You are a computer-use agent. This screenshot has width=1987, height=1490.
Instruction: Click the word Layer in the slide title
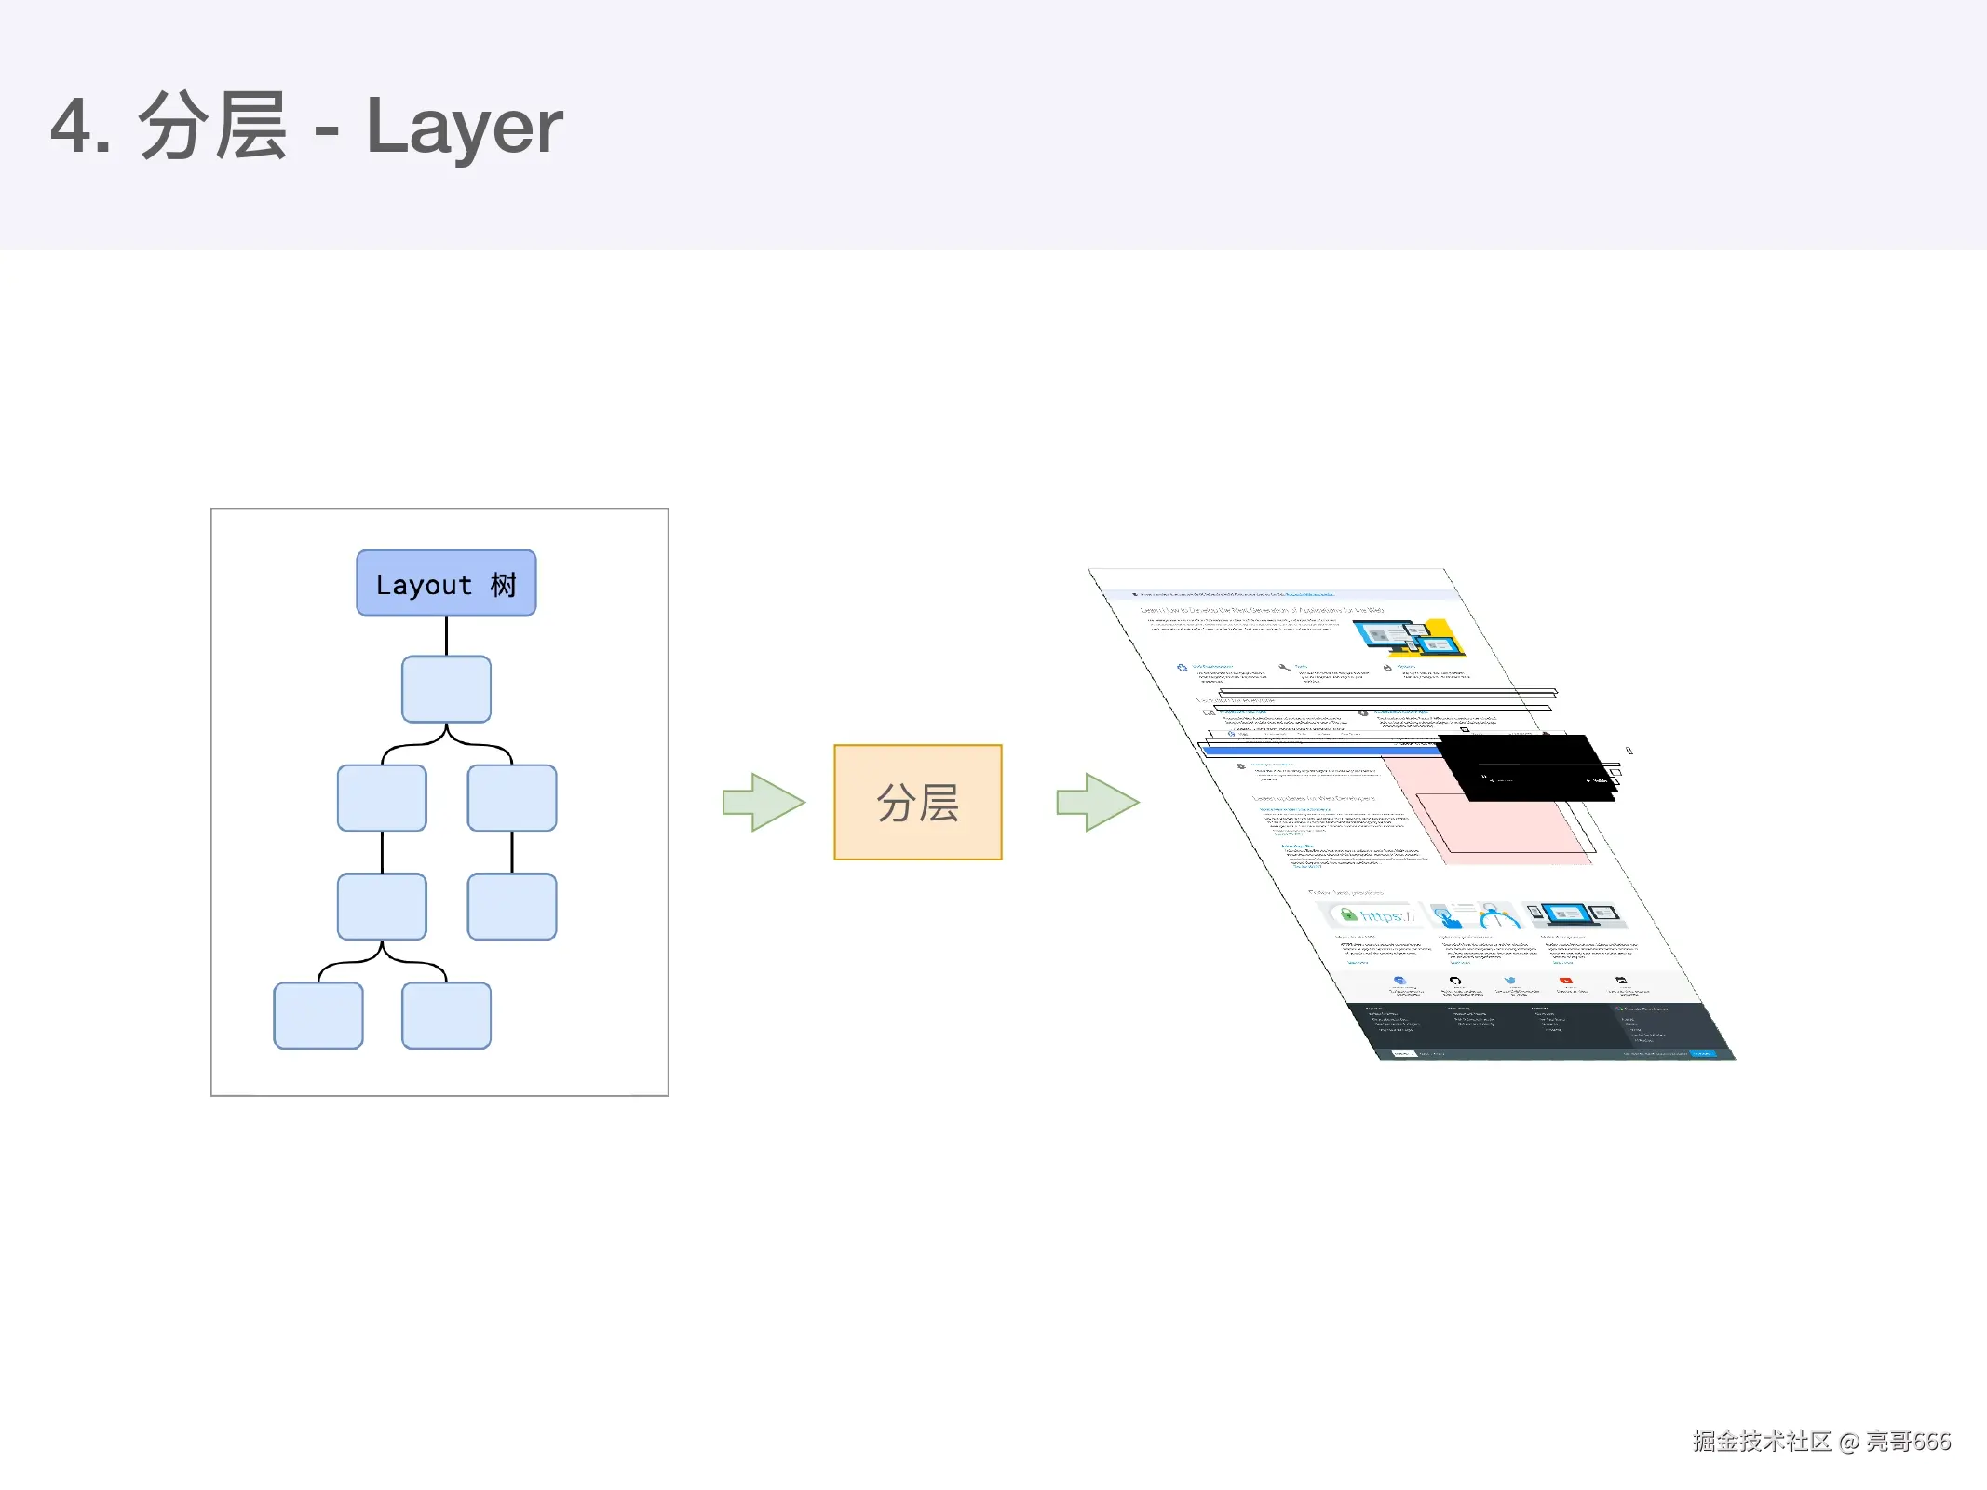tap(464, 127)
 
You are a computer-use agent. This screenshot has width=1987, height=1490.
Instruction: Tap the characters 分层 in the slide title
tap(212, 127)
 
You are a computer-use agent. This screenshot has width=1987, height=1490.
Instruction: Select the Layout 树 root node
tap(446, 583)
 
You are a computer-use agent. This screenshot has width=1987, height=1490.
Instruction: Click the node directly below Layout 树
tap(446, 689)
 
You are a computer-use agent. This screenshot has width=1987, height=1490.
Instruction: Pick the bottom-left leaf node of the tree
tap(318, 1015)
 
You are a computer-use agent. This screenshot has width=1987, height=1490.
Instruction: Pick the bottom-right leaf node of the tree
tap(446, 1015)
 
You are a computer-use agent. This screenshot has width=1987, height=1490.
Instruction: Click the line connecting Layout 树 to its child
tap(446, 636)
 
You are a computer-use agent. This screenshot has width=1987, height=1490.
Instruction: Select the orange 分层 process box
tap(917, 802)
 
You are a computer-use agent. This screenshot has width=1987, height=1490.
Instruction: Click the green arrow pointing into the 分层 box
tap(764, 802)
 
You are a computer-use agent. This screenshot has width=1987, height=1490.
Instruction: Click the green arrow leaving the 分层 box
tap(1097, 802)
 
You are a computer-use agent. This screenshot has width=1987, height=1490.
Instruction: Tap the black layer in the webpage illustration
tap(1527, 765)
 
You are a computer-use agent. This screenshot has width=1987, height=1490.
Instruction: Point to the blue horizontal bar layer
tap(1304, 750)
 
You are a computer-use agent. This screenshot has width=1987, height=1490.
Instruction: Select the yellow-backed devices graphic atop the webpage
tap(1411, 637)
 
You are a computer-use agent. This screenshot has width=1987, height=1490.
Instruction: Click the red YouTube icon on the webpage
tap(1566, 981)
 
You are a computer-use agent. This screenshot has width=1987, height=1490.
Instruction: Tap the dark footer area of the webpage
tap(1536, 1029)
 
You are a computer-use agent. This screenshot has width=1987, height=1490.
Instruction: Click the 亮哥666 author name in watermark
tap(1908, 1441)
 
